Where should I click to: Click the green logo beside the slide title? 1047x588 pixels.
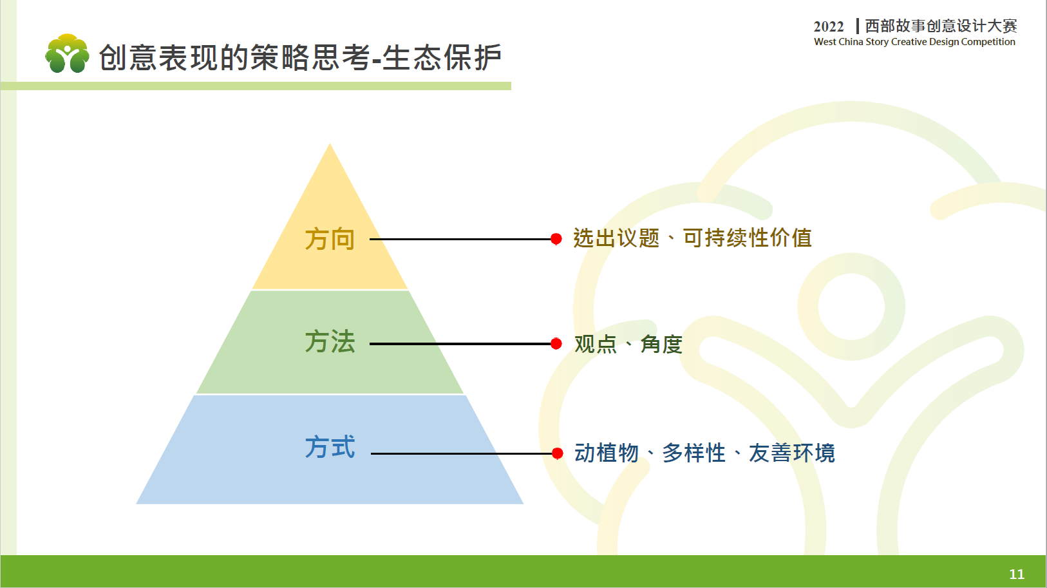click(67, 53)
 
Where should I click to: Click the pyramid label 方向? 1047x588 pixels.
click(330, 240)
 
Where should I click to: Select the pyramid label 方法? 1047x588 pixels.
click(330, 341)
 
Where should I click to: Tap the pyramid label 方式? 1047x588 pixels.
click(330, 447)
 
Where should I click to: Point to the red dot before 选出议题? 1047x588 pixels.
click(556, 240)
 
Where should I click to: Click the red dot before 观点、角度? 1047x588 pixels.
click(556, 344)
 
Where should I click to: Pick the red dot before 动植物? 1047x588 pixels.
click(557, 453)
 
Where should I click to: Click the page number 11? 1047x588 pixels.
click(1017, 574)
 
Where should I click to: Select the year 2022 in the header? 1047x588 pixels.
click(829, 26)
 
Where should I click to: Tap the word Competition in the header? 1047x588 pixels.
click(988, 42)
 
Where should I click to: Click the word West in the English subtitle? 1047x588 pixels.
click(825, 42)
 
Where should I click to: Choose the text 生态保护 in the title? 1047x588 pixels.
click(442, 57)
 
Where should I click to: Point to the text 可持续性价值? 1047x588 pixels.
click(748, 238)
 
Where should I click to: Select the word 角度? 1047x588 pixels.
click(661, 344)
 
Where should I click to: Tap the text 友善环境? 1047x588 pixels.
click(792, 453)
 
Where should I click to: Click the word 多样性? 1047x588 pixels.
click(694, 453)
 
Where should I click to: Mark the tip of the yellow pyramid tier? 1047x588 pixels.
click(330, 144)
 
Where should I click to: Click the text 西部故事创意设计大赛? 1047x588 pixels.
click(941, 26)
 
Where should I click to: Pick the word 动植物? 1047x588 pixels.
click(607, 453)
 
